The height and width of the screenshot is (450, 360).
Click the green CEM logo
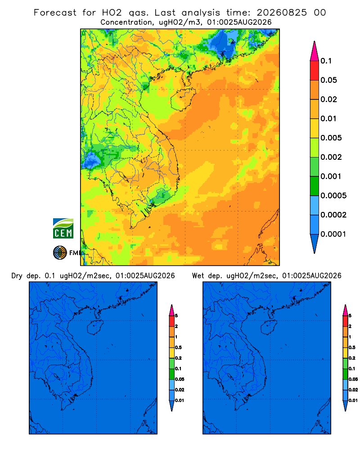63,229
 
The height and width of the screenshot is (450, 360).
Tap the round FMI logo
60,253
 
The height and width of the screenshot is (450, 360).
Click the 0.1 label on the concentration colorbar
326,61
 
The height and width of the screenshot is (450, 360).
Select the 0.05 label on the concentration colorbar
328,80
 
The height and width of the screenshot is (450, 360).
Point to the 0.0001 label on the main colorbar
333,234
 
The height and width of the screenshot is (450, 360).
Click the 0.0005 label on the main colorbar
333,196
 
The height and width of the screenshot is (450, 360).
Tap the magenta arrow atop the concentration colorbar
315,51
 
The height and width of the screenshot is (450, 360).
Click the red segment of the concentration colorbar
315,71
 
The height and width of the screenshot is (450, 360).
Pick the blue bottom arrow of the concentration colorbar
315,244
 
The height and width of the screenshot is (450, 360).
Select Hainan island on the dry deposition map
95,328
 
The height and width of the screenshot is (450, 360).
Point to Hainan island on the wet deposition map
269,328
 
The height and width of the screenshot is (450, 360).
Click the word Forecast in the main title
55,13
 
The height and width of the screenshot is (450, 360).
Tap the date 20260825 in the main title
282,13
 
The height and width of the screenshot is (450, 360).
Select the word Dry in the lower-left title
17,276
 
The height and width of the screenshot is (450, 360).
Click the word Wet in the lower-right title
198,276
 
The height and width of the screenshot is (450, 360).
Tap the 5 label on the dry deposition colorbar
176,316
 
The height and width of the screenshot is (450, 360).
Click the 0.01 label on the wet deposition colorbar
353,400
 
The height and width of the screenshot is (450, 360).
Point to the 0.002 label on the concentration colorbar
331,157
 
